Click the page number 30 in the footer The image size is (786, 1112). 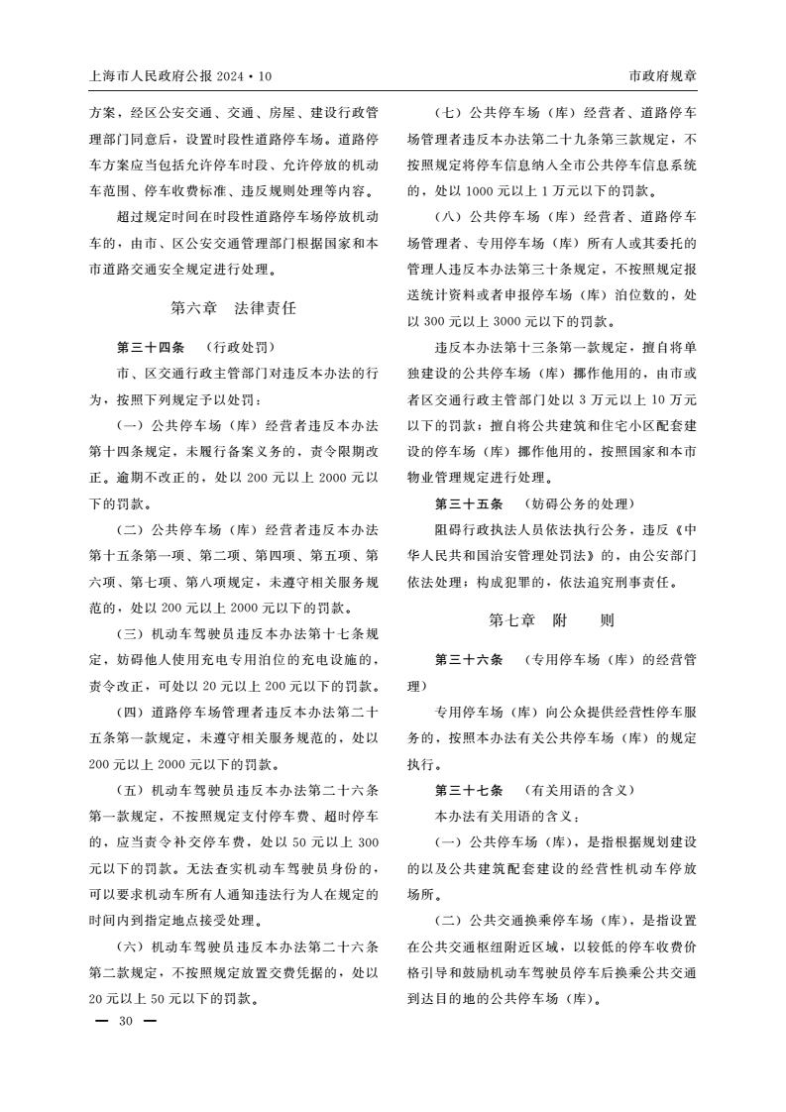125,1022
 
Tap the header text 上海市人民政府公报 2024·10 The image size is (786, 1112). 179,76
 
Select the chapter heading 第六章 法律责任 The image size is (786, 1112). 233,308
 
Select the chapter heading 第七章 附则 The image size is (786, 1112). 551,620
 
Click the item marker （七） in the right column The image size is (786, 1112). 450,112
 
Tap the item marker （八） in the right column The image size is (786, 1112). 450,216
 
